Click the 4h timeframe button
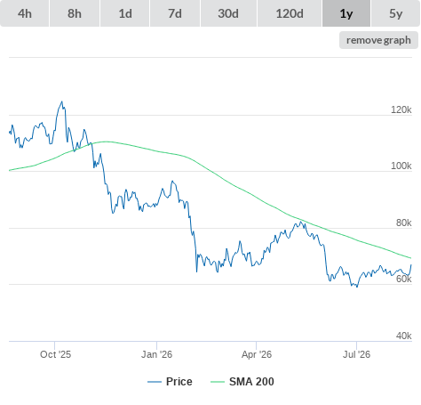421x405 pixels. [25, 13]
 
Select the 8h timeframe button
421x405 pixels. [75, 13]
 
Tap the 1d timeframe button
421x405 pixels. [125, 13]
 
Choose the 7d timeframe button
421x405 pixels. [175, 13]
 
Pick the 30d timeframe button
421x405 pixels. [228, 13]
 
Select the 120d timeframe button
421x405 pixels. [290, 13]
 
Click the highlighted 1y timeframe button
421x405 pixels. [346, 13]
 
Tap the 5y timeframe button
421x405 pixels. [396, 13]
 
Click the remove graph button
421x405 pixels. [378, 40]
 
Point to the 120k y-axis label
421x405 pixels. [401, 109]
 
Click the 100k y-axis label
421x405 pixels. [401, 166]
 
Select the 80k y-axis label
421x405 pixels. [404, 223]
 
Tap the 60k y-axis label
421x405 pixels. [404, 279]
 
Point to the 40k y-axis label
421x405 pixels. [404, 336]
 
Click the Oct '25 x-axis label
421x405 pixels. [56, 354]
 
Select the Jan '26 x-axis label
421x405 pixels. [156, 354]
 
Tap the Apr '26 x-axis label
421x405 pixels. [257, 354]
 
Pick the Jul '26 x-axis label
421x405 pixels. [356, 354]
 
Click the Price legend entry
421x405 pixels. [170, 382]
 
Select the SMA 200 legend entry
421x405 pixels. [242, 382]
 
